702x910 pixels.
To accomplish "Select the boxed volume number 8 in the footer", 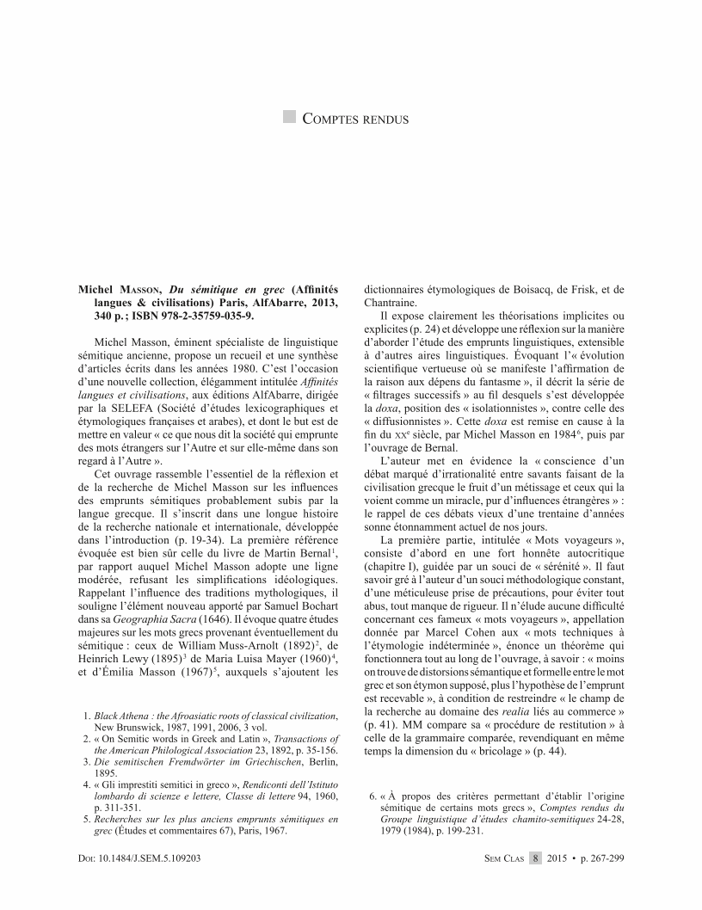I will (x=535, y=858).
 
